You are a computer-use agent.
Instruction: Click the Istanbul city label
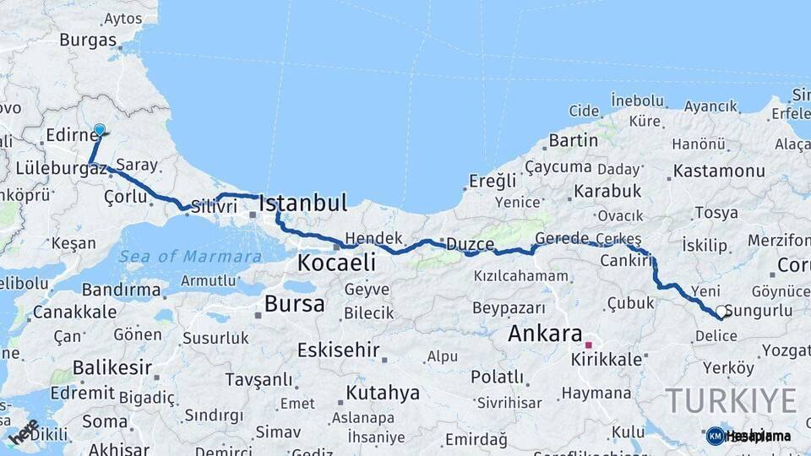click(x=302, y=203)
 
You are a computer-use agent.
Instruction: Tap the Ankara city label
click(x=545, y=334)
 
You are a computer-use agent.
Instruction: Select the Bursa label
click(x=294, y=304)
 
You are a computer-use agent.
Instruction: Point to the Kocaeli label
click(x=335, y=263)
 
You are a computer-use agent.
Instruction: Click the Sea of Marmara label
click(x=190, y=257)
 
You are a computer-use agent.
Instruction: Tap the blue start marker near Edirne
click(x=100, y=130)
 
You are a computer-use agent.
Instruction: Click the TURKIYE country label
click(x=730, y=400)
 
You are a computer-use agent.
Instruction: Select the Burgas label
click(x=88, y=40)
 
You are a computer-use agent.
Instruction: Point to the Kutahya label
click(x=383, y=393)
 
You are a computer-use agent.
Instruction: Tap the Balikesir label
click(x=112, y=367)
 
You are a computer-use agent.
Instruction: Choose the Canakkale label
click(x=74, y=312)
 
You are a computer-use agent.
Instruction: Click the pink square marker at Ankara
click(x=588, y=345)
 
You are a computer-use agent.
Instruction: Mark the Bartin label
click(x=573, y=140)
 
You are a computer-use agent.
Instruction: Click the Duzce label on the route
click(x=470, y=244)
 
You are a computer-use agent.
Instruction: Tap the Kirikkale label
click(x=606, y=359)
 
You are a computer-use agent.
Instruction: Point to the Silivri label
click(x=212, y=205)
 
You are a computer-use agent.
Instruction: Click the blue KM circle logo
click(x=715, y=437)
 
